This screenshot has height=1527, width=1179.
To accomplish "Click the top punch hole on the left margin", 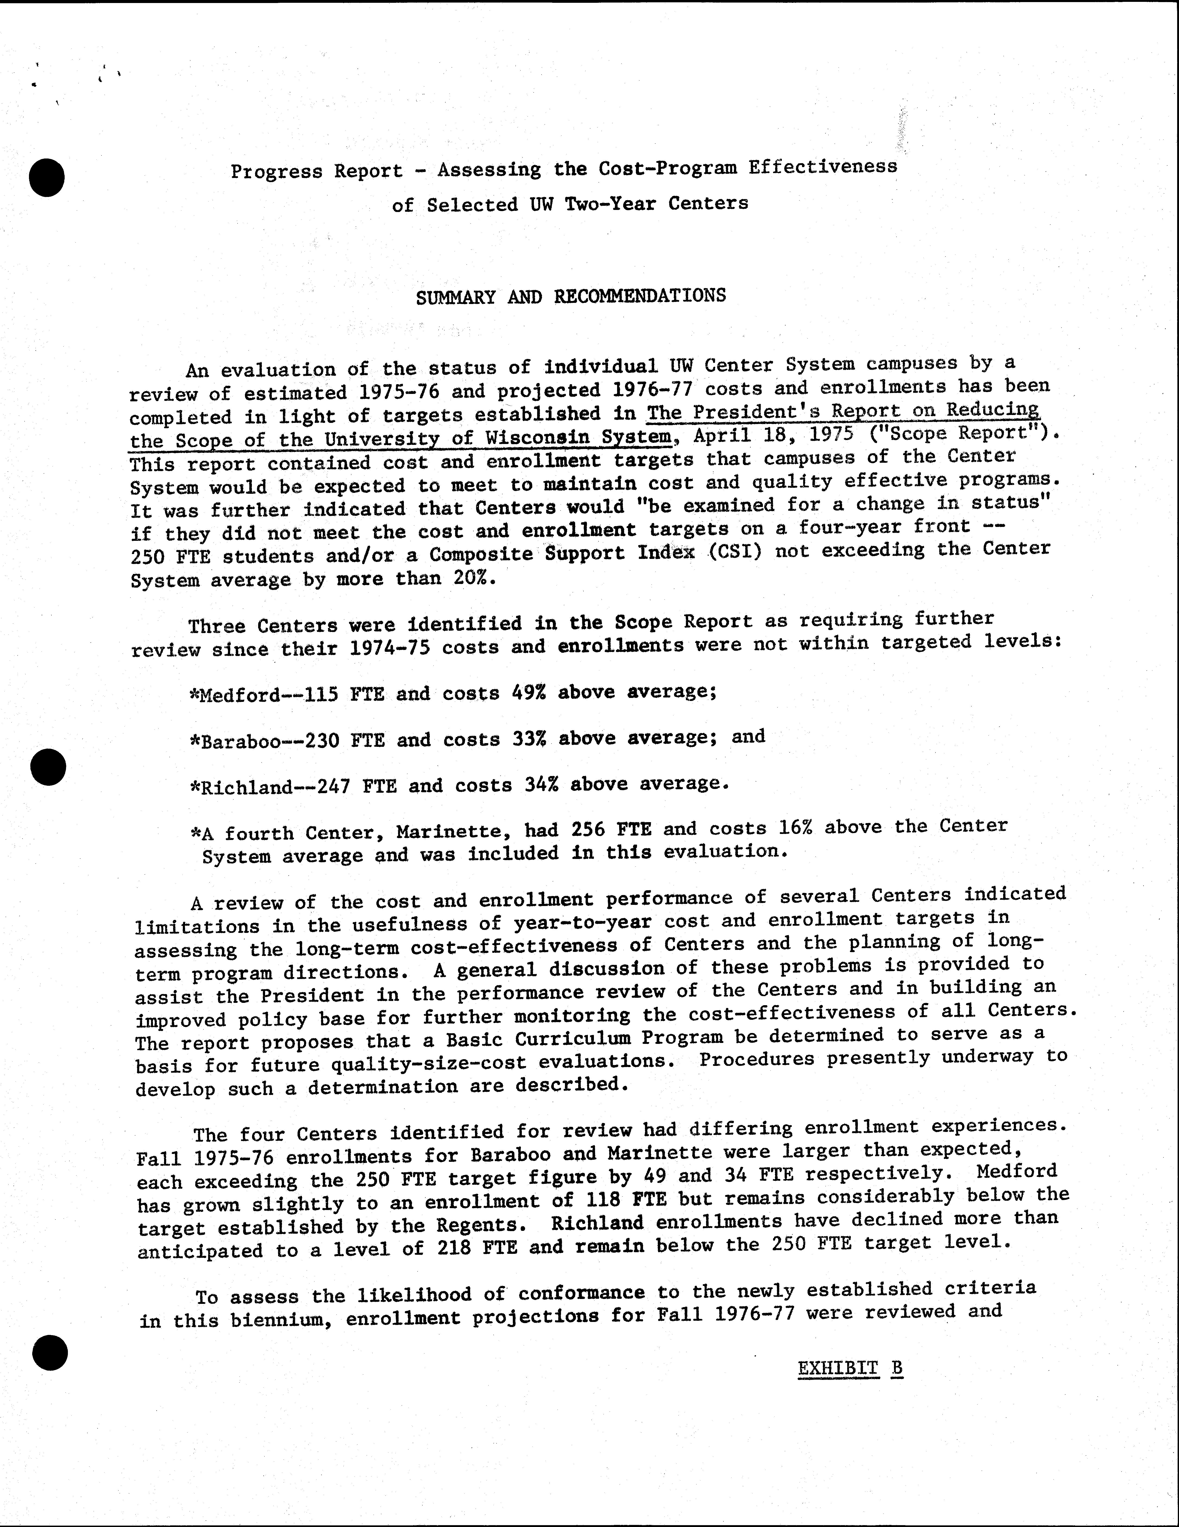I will (x=47, y=177).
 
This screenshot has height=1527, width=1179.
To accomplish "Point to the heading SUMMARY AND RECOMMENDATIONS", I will (x=571, y=296).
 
